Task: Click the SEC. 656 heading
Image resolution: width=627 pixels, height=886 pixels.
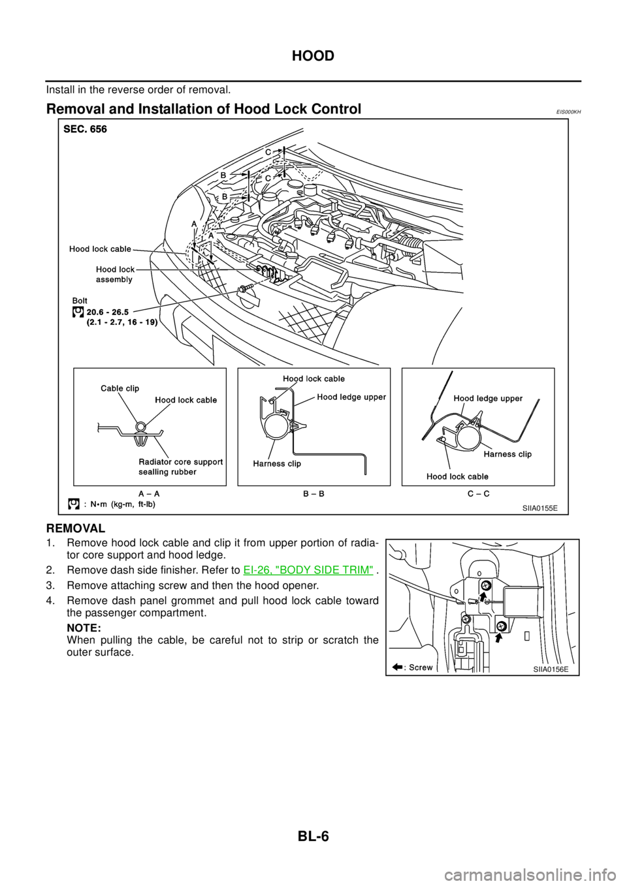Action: (85, 129)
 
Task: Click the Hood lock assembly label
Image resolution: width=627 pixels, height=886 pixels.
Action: (114, 274)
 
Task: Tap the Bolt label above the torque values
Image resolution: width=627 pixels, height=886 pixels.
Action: (79, 301)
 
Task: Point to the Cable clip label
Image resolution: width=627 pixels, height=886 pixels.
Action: (120, 388)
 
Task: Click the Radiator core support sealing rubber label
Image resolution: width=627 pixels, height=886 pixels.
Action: (180, 466)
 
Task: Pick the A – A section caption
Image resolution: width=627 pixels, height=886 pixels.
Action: (150, 494)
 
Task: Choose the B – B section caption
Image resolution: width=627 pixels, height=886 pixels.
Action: (313, 494)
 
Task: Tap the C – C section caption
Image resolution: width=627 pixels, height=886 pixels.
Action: (478, 494)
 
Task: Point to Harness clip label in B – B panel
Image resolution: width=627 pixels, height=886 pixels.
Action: (277, 464)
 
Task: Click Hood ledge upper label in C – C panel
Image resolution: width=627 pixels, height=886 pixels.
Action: (487, 398)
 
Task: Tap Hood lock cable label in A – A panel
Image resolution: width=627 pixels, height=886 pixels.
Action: (186, 400)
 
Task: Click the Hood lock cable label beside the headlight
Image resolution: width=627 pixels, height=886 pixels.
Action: (100, 249)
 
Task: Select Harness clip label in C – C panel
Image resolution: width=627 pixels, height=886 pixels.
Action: (507, 453)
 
